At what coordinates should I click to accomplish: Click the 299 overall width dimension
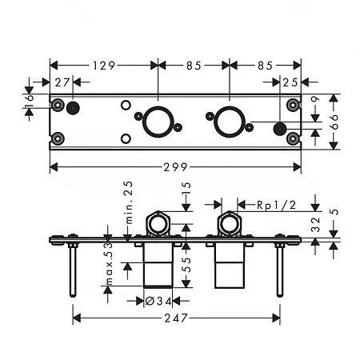[x=176, y=167]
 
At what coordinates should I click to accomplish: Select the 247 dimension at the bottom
[x=176, y=318]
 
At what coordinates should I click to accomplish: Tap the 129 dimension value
[x=104, y=65]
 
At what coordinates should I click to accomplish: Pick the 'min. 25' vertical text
[x=127, y=204]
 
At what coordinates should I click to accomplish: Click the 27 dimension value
[x=62, y=82]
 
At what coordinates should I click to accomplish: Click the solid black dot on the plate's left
[x=73, y=109]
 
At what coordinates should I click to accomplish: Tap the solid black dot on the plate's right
[x=280, y=130]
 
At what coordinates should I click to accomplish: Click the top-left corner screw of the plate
[x=58, y=105]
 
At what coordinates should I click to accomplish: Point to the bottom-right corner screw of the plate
[x=294, y=138]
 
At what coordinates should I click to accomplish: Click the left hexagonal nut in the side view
[x=158, y=223]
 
